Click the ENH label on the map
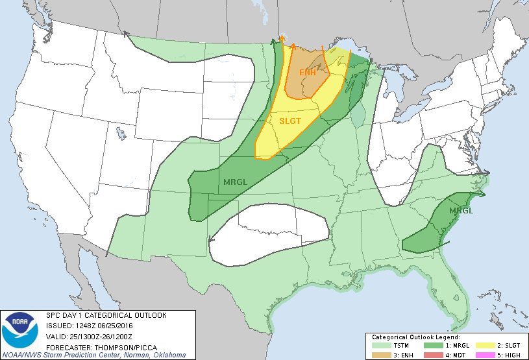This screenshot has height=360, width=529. coord(308,72)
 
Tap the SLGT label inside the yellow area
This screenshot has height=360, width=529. coord(290,121)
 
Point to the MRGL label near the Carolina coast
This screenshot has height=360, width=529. coord(461,211)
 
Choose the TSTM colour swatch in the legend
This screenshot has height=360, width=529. coord(381,346)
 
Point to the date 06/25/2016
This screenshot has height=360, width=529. coord(117,326)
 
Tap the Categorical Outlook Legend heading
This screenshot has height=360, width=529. coord(415,338)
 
